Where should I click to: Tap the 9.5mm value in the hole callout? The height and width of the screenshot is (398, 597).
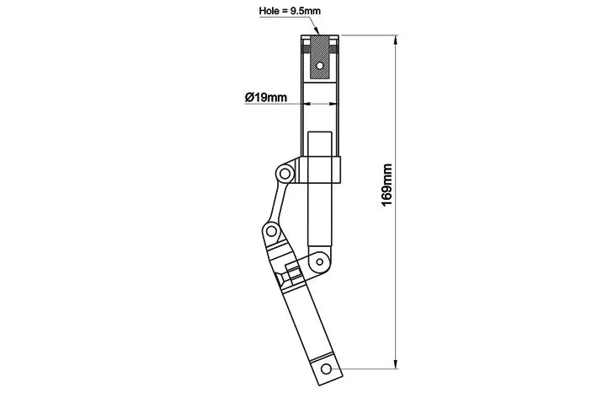(x=306, y=11)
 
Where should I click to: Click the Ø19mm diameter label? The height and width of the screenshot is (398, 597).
(x=266, y=98)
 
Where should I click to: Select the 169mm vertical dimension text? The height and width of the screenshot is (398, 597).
(x=386, y=186)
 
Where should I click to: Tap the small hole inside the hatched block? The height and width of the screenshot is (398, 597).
(x=320, y=66)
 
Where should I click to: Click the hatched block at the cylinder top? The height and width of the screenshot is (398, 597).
(x=320, y=57)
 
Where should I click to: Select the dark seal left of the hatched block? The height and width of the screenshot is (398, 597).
(x=306, y=49)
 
